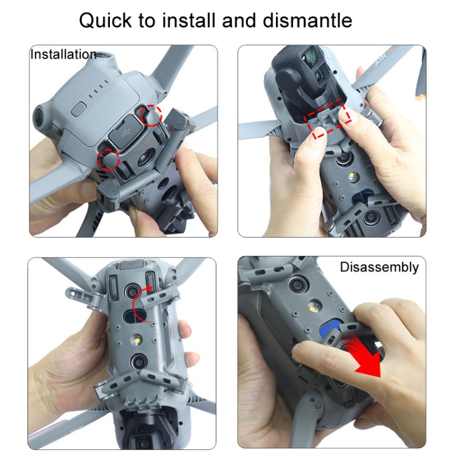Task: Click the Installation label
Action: tap(64, 54)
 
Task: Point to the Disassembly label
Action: tap(379, 267)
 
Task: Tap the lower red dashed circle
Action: tap(108, 159)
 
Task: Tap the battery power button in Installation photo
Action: tap(78, 109)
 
